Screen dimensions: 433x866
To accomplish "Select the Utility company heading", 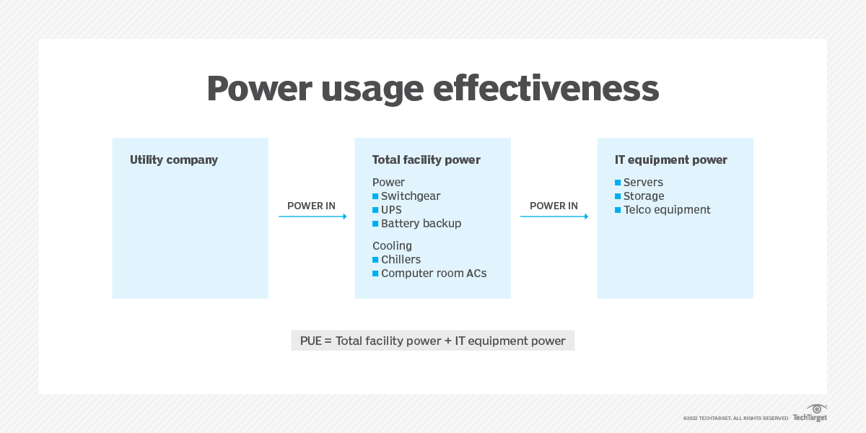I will [x=174, y=160].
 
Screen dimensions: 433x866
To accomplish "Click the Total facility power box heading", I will [x=426, y=160].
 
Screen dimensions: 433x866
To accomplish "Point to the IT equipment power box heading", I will [x=671, y=160].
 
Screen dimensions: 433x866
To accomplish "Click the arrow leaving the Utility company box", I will [x=312, y=216].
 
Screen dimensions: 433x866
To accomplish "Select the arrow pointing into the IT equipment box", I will [x=554, y=216].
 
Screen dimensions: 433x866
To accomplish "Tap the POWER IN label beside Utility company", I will [x=311, y=206].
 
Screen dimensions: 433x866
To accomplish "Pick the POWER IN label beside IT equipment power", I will [x=554, y=206].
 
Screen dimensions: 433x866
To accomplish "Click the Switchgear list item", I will [x=411, y=196].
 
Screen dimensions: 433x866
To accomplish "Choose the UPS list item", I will [x=391, y=210].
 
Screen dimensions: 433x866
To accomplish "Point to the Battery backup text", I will [x=421, y=224].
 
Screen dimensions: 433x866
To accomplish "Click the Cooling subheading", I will [x=392, y=246].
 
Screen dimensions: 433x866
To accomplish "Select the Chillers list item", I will [x=401, y=260].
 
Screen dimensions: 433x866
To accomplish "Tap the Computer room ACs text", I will [x=434, y=274].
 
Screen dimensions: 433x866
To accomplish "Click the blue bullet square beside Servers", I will [x=618, y=183].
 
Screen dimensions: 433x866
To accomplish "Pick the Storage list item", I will [x=644, y=196].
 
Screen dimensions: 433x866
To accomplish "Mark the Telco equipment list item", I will [x=667, y=210].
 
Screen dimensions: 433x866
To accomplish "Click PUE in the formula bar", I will [x=312, y=341].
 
